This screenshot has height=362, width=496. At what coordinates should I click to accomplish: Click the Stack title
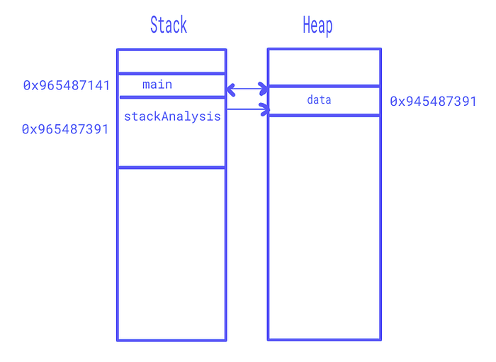(169, 25)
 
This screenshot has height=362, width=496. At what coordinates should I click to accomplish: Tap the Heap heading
(317, 26)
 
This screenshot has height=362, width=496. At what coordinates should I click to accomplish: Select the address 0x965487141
(67, 85)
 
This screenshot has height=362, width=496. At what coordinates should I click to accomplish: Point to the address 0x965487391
(65, 129)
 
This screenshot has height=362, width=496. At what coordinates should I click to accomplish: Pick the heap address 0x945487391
(433, 102)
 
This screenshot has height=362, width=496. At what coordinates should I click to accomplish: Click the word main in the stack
(157, 84)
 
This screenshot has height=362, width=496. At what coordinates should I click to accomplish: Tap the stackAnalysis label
(172, 116)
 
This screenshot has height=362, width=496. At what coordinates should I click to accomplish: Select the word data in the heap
(319, 100)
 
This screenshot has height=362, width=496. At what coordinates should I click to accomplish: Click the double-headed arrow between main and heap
(247, 89)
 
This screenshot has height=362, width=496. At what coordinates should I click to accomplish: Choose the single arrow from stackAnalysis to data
(248, 109)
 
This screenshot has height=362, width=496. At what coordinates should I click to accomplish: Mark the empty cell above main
(171, 62)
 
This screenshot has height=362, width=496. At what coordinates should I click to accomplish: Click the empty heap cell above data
(325, 67)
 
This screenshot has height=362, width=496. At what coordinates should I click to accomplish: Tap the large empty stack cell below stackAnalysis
(171, 254)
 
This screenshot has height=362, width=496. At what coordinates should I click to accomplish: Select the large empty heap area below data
(325, 228)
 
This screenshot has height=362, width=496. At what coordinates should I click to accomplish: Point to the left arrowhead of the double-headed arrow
(231, 89)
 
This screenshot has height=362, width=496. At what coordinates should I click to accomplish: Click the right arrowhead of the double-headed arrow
(264, 89)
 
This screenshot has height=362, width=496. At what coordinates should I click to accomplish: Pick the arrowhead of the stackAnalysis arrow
(265, 109)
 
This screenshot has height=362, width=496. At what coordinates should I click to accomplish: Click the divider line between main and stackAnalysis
(172, 97)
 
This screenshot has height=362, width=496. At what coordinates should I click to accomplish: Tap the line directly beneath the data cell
(325, 115)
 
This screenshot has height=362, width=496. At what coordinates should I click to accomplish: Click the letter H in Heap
(306, 24)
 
